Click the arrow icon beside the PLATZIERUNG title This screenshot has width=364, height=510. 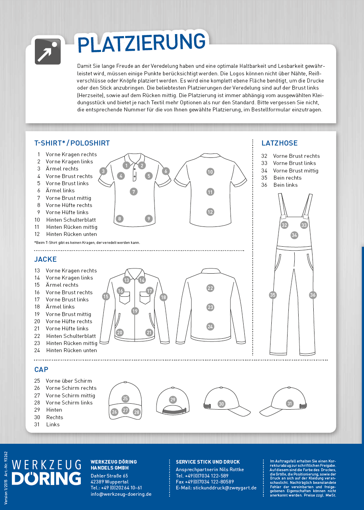[48, 52]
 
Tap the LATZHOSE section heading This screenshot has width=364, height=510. [279, 143]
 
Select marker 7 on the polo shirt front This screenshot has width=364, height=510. [134, 192]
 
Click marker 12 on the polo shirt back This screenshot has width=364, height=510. [210, 212]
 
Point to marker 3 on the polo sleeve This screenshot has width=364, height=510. [103, 171]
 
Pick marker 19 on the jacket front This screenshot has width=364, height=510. [135, 311]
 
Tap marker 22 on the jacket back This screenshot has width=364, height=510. [210, 288]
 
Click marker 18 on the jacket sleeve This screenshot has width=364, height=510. [164, 297]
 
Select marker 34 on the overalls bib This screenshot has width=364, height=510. [294, 235]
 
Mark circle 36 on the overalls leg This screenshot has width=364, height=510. [313, 295]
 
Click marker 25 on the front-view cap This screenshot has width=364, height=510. [126, 399]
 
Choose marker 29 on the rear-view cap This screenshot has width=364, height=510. [173, 400]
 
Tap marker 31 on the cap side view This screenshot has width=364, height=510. [290, 404]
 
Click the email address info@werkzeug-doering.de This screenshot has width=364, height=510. [121, 494]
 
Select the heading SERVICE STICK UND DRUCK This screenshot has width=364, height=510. [208, 462]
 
